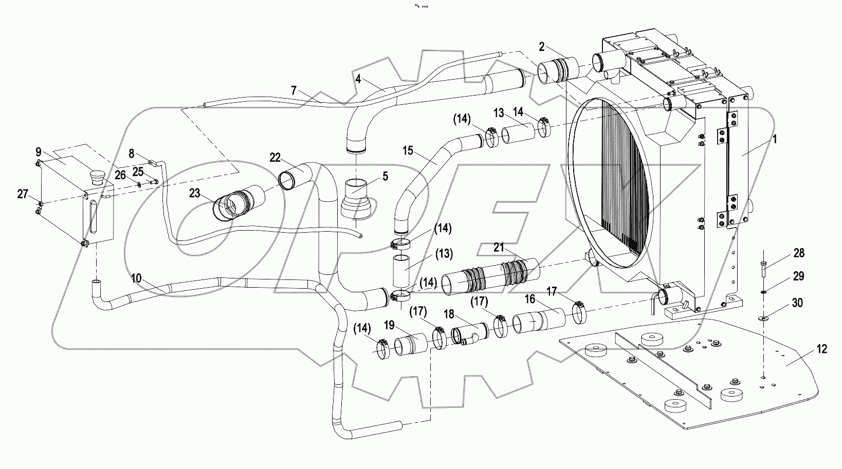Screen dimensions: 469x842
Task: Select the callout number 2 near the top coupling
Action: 541,47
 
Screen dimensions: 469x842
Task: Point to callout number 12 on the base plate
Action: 821,349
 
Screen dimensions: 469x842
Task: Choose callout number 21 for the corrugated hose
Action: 499,248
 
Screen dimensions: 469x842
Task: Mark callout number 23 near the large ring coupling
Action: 194,194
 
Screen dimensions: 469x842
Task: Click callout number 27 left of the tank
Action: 22,194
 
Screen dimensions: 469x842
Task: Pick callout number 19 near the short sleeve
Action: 389,325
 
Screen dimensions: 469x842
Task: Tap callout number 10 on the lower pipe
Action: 136,278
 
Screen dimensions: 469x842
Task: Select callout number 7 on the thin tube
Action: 294,90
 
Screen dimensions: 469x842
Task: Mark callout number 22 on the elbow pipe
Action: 276,157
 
